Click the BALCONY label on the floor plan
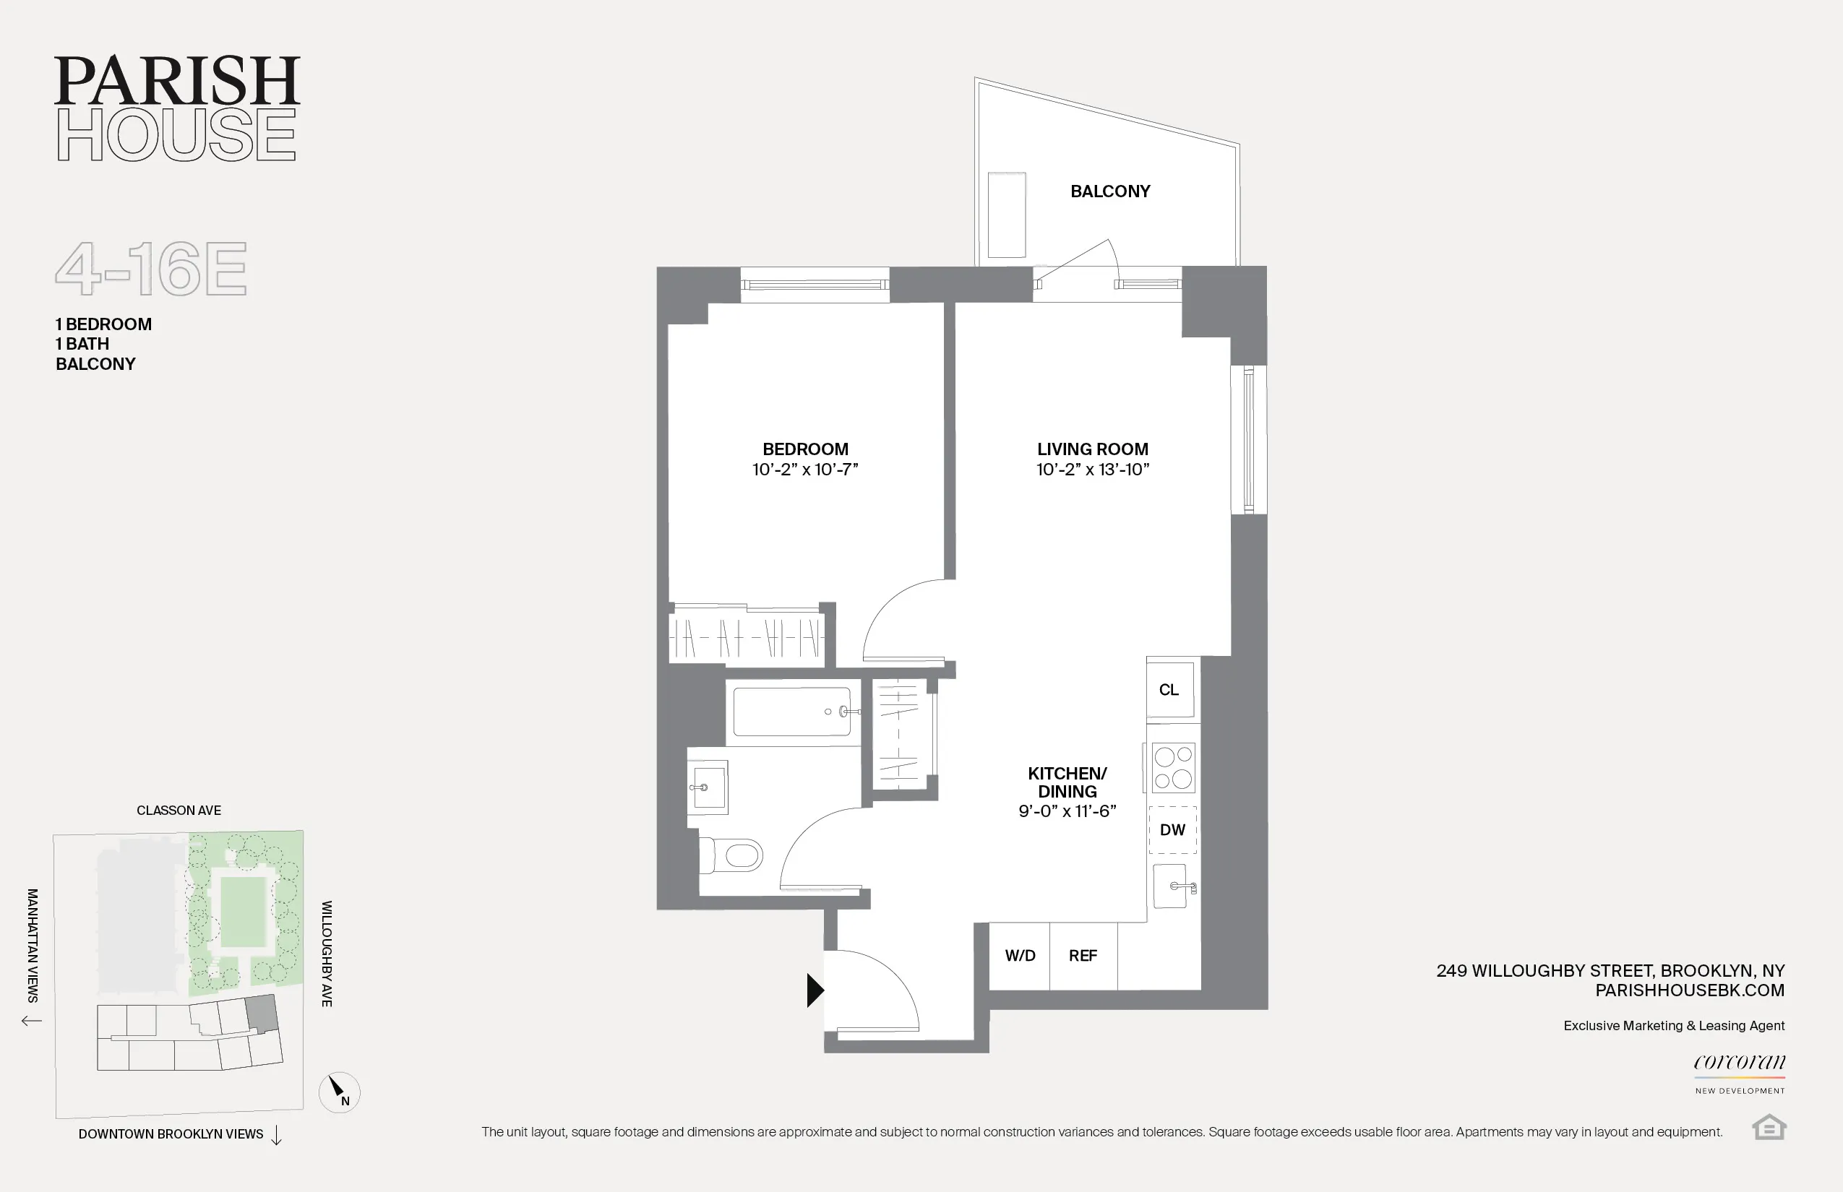click(x=1109, y=191)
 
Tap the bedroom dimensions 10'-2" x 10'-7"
click(x=804, y=470)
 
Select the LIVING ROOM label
click(x=1092, y=449)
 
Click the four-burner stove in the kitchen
click(x=1173, y=767)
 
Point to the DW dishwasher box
click(x=1172, y=830)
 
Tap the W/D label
click(x=1020, y=956)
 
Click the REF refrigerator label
click(x=1083, y=956)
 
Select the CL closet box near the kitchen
click(x=1169, y=690)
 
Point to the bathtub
click(x=791, y=712)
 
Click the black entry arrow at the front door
click(x=814, y=990)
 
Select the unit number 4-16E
click(x=151, y=269)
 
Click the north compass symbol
click(x=339, y=1092)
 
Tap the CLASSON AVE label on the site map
click(x=179, y=811)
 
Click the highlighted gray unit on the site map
click(x=262, y=1013)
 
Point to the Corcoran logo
click(x=1738, y=1063)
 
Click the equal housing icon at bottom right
click(x=1769, y=1127)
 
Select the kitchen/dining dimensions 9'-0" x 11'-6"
click(x=1067, y=811)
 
